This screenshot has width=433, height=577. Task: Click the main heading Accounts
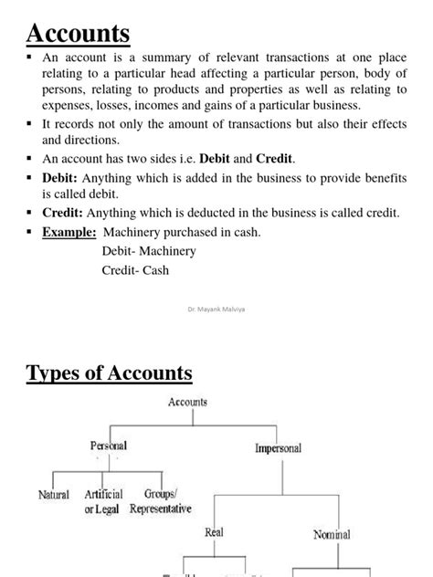point(79,34)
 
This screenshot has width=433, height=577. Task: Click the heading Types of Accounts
point(110,372)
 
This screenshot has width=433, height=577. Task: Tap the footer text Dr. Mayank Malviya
point(216,309)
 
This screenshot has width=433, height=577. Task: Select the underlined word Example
point(70,232)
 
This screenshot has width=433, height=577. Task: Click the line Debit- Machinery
point(149,251)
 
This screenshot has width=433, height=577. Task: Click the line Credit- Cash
point(135,270)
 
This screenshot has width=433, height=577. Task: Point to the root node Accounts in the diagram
point(187,402)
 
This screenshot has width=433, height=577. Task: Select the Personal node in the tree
point(109,446)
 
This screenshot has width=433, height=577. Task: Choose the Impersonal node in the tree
point(279,448)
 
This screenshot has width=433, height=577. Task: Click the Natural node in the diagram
point(54,495)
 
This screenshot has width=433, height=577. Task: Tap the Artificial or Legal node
point(103,501)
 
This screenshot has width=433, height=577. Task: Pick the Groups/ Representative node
point(161,501)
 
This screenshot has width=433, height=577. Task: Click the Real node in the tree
point(214,531)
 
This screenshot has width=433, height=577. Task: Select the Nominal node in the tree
point(331,534)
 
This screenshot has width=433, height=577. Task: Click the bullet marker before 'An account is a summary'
point(30,56)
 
